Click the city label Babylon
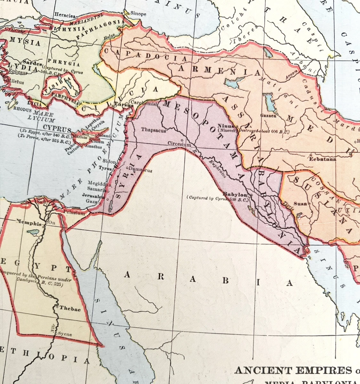tap(235, 194)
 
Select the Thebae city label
tap(70, 309)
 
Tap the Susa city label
tap(300, 204)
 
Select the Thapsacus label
tap(154, 130)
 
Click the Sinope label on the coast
tap(139, 14)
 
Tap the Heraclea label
tap(65, 15)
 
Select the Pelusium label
tap(74, 213)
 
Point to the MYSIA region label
tap(25, 42)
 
